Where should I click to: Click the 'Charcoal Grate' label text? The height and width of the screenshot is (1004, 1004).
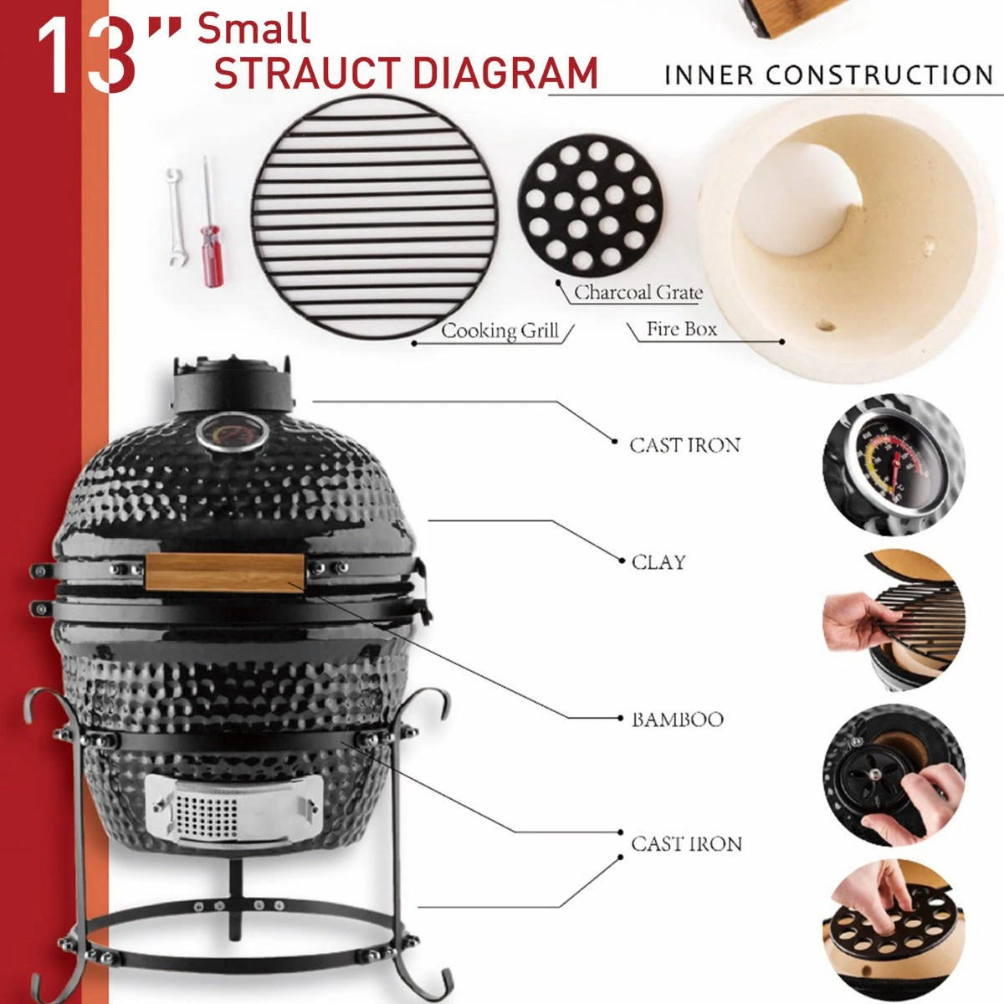638,293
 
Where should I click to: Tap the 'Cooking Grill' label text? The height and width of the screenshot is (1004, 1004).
499,331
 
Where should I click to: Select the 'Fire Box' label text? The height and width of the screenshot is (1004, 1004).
681,330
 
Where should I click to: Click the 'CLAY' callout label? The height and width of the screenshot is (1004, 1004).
658,562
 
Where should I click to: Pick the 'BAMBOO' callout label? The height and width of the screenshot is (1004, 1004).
677,720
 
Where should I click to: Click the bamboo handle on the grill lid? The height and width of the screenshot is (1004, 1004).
224,572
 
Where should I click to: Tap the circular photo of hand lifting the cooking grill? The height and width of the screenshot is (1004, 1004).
894,620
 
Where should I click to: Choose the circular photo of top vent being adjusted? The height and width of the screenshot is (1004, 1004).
894,776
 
